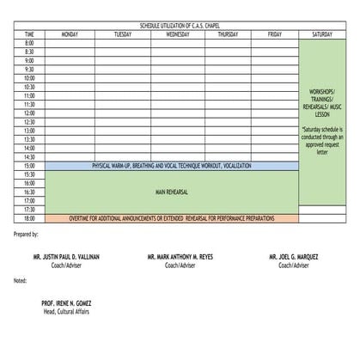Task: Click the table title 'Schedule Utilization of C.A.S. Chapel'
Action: (179, 27)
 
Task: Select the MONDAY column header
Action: (70, 34)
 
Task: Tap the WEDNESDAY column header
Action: (178, 34)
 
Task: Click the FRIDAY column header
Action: (274, 34)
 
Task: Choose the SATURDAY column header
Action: (322, 34)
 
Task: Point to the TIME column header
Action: (29, 34)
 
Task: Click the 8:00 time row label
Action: (29, 43)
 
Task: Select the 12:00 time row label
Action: (29, 113)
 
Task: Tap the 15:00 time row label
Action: (29, 166)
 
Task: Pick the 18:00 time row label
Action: (29, 218)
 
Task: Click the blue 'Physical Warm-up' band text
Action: (172, 166)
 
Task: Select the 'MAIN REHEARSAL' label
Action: (172, 192)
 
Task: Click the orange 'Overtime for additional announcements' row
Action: (172, 218)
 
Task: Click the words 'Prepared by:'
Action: (27, 234)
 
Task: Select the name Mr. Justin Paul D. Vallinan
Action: (66, 257)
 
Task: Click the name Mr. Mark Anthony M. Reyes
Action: (180, 257)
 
